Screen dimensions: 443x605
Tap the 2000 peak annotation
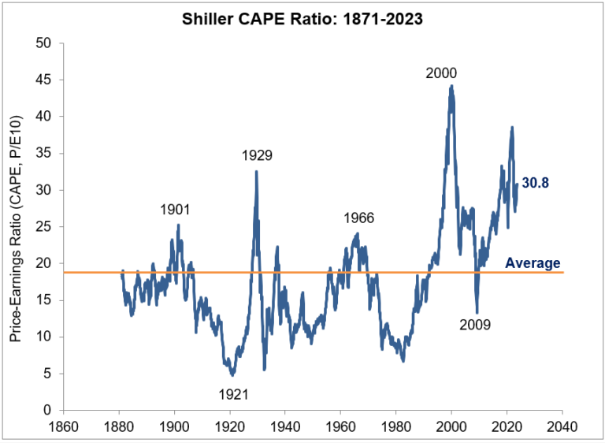click(x=441, y=73)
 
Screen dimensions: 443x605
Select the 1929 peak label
click(x=257, y=155)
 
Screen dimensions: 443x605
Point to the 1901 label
click(x=175, y=210)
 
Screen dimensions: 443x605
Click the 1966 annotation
click(x=358, y=218)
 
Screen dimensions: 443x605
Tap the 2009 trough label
click(x=475, y=323)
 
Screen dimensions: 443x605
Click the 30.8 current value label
click(x=535, y=183)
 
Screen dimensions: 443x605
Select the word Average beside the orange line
click(x=533, y=263)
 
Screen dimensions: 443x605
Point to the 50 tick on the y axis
click(x=44, y=43)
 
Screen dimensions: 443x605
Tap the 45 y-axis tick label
click(x=44, y=80)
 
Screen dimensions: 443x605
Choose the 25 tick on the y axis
click(x=44, y=226)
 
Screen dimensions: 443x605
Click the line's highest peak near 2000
click(x=451, y=86)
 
